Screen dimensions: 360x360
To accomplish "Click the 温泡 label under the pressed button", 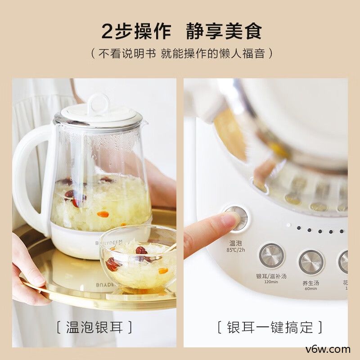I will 236,243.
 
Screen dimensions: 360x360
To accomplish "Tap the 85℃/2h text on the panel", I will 236,250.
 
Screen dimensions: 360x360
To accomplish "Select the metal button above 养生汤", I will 311,262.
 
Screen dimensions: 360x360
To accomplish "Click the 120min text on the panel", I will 271,282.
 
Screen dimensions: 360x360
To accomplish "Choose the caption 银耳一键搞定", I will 270,327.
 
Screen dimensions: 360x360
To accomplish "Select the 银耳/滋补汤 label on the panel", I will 271,276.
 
